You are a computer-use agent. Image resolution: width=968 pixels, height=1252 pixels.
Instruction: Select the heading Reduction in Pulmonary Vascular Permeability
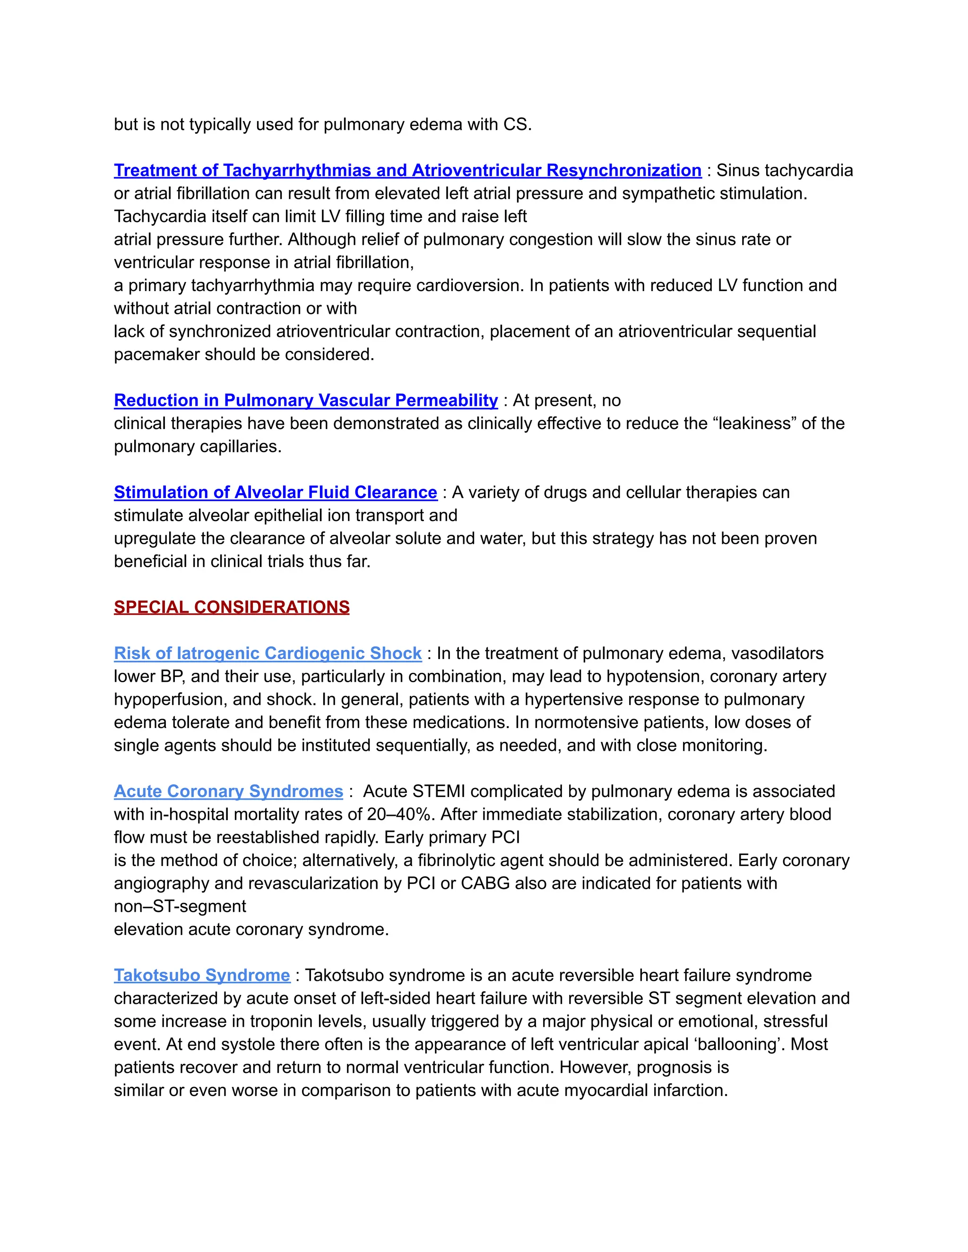(x=306, y=400)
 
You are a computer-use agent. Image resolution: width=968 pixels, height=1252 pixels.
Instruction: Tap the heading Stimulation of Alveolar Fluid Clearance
(x=275, y=492)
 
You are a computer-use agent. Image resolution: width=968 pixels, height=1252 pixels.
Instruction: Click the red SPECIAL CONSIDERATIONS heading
(x=232, y=607)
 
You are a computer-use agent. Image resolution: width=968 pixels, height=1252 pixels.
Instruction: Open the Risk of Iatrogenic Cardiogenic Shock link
(x=268, y=653)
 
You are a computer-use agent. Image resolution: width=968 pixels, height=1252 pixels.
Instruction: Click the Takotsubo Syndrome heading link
(x=202, y=975)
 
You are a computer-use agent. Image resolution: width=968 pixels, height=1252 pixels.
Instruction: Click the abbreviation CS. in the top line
(x=517, y=124)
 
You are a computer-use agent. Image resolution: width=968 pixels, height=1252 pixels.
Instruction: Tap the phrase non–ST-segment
(x=180, y=906)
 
